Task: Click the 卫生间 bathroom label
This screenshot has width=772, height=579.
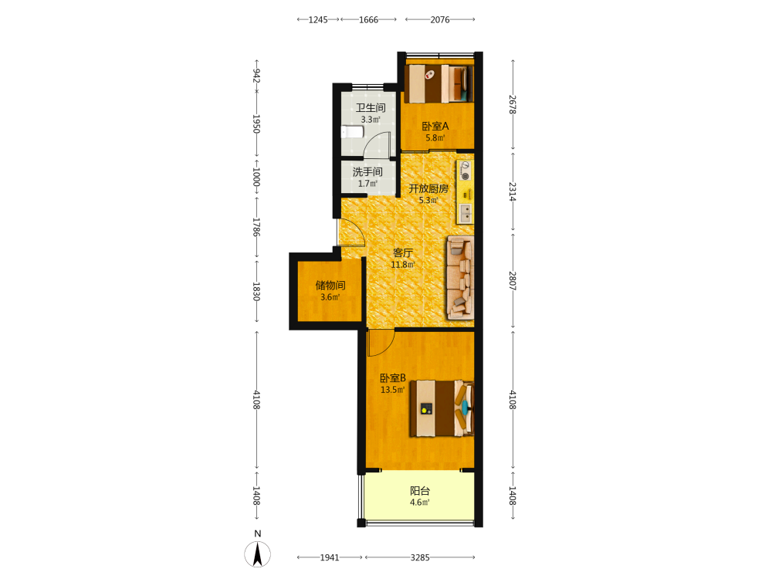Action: click(371, 107)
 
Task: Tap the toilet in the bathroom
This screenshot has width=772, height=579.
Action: click(352, 132)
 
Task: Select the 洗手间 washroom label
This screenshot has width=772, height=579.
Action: click(367, 172)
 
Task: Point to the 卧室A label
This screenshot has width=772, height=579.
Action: click(435, 126)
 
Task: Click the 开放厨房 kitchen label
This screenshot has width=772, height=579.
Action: click(428, 188)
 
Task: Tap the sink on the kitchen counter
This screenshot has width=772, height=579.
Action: click(466, 213)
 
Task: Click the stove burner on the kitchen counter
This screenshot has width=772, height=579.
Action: click(465, 176)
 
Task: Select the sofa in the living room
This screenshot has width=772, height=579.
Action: click(460, 278)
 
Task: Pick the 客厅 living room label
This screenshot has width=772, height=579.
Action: click(403, 252)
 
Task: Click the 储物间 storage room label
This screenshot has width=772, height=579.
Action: click(330, 285)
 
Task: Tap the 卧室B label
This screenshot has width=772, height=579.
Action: click(393, 378)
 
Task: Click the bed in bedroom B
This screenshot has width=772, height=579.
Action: click(442, 408)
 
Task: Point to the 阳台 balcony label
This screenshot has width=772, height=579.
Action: click(420, 490)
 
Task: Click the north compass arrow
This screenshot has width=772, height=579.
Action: click(257, 554)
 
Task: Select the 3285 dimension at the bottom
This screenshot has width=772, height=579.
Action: click(420, 557)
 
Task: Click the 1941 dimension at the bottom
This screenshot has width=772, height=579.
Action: click(330, 557)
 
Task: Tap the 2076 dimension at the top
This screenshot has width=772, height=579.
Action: click(440, 20)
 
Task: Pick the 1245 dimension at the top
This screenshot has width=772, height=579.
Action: click(318, 20)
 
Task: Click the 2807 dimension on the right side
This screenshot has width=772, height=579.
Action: click(513, 281)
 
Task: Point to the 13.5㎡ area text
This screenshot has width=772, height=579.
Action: click(392, 390)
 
